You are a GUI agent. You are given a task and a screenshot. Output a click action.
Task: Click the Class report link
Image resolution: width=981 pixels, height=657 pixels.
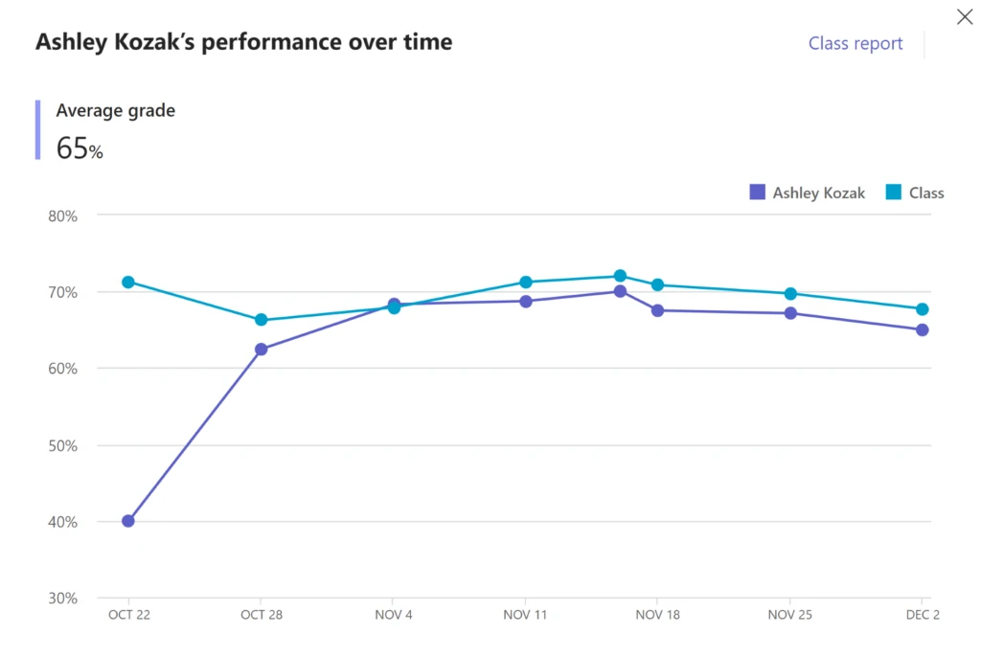click(855, 43)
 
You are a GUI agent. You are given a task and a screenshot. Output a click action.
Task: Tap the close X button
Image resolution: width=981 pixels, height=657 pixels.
click(965, 15)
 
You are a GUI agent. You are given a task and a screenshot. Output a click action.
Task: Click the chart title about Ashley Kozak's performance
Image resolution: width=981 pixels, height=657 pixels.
click(243, 42)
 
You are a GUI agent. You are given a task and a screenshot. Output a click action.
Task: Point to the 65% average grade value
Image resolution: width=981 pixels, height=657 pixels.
click(80, 148)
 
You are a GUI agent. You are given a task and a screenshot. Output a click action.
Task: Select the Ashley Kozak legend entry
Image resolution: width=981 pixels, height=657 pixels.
click(807, 193)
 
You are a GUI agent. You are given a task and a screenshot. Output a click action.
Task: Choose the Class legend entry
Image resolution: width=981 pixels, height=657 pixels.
click(915, 193)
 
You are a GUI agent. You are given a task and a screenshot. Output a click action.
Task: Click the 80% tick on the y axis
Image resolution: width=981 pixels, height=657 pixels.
click(62, 215)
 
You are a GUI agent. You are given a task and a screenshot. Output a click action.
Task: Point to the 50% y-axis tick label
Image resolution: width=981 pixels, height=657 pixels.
click(62, 445)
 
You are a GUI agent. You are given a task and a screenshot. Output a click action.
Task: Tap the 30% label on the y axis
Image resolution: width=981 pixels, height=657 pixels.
click(62, 599)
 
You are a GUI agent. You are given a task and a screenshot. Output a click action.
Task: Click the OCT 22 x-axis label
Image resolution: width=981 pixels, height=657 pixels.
click(128, 615)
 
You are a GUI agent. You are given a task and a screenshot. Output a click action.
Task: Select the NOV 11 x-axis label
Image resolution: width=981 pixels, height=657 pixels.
click(525, 615)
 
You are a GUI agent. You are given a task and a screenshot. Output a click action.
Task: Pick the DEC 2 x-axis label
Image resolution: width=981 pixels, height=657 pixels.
click(922, 615)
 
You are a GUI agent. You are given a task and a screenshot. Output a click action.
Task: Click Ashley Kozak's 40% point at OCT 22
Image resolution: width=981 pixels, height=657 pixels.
click(128, 521)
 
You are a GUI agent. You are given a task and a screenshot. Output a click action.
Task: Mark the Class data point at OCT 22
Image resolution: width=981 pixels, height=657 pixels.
click(128, 282)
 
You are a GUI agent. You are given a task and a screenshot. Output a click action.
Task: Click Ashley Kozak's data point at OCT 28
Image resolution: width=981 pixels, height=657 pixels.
click(261, 350)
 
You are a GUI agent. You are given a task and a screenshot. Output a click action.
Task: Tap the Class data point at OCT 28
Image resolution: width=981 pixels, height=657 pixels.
click(261, 320)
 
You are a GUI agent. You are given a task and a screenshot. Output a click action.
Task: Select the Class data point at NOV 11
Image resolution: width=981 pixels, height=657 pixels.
click(526, 282)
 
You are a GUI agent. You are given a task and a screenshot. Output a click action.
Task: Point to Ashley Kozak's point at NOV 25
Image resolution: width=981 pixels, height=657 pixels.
click(790, 313)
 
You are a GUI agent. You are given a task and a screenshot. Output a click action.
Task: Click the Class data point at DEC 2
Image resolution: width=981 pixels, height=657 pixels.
click(922, 308)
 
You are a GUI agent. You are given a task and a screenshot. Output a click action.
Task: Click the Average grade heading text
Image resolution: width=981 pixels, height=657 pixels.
click(115, 110)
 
